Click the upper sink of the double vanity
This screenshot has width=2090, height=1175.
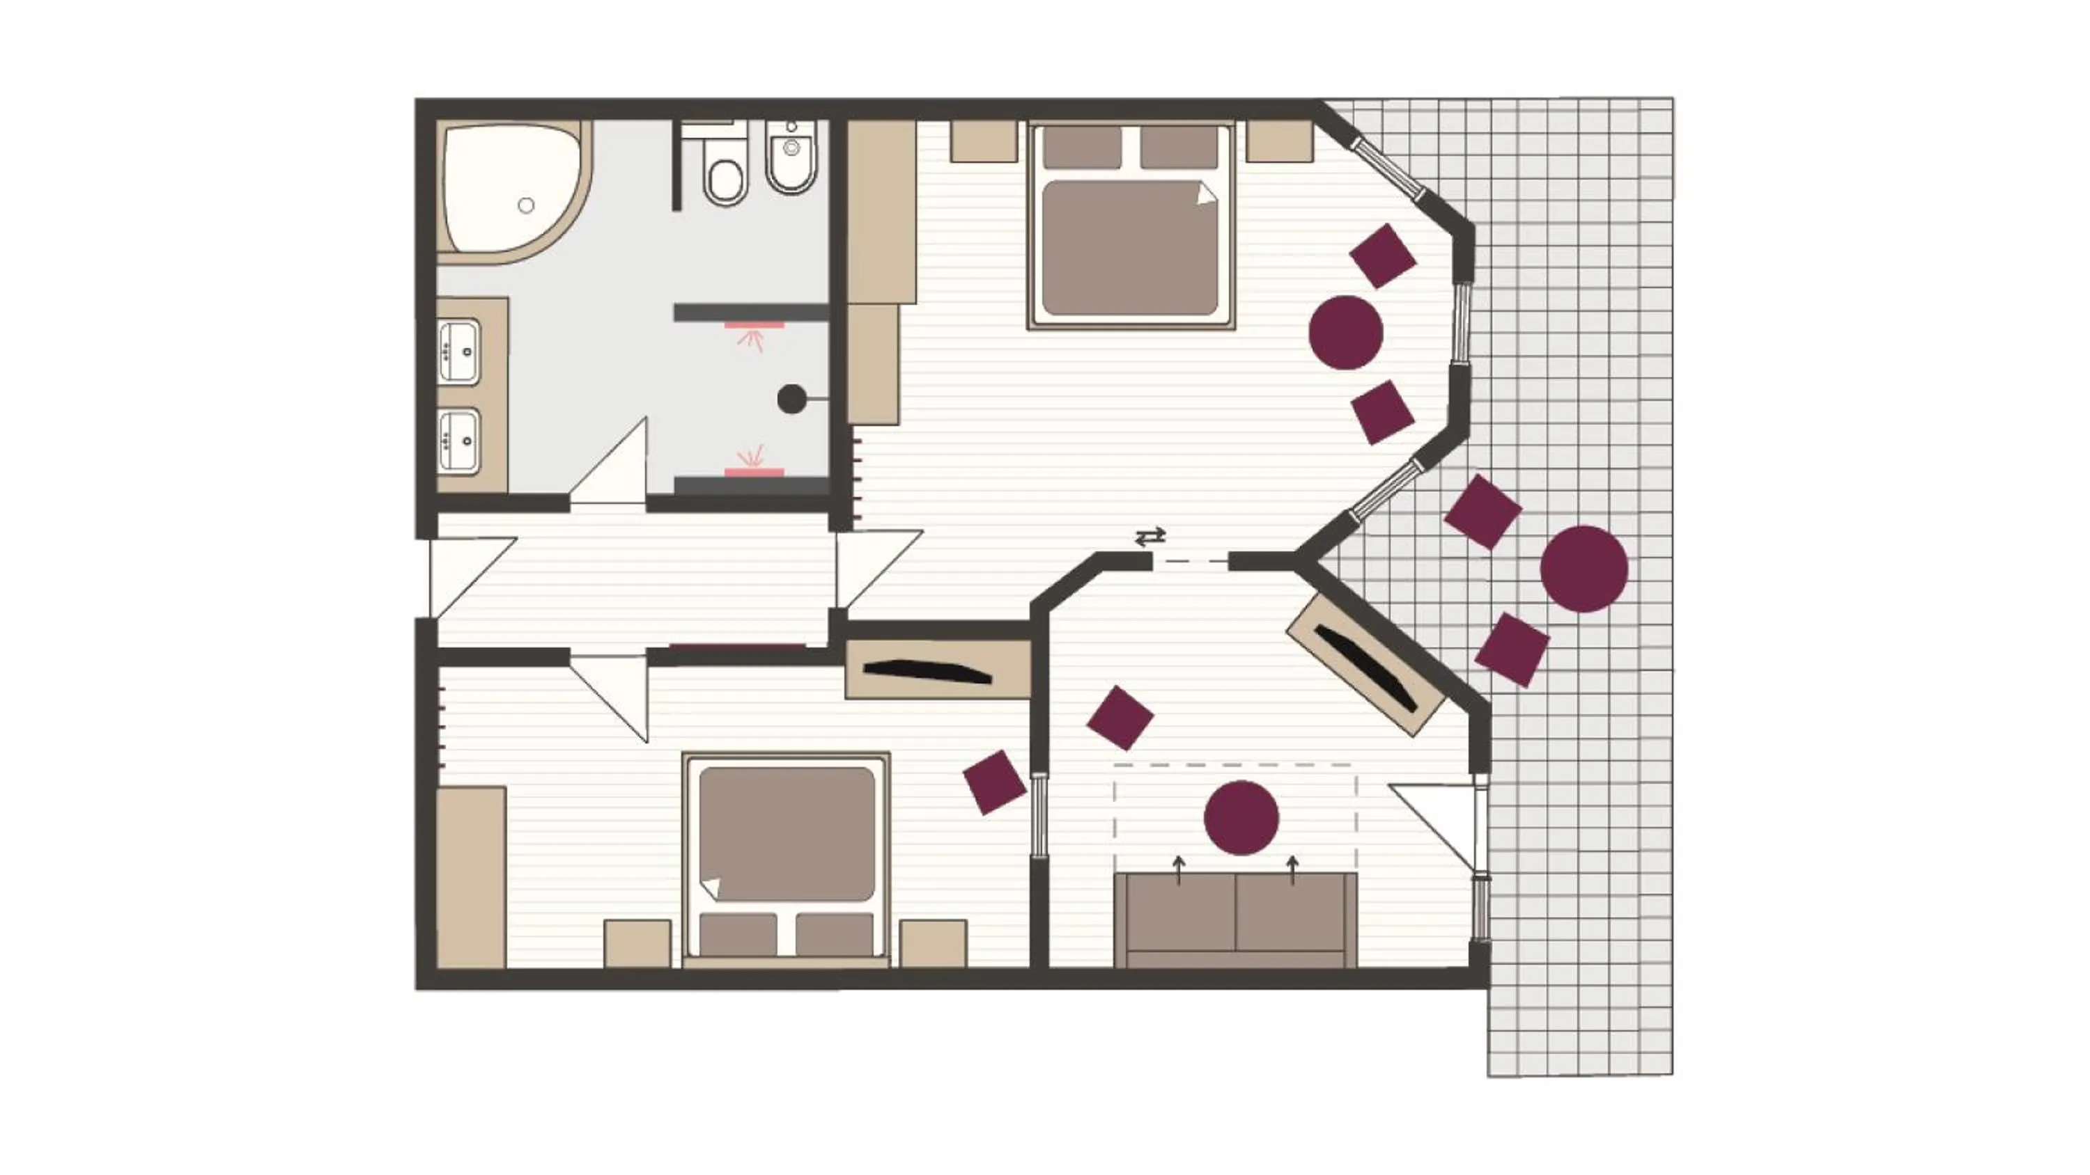(x=459, y=351)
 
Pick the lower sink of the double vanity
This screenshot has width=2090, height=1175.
(x=459, y=441)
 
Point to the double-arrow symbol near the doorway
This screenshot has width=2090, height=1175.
(x=1150, y=536)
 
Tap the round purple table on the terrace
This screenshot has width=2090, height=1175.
(x=1584, y=569)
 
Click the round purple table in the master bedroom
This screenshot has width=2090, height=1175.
(x=1346, y=333)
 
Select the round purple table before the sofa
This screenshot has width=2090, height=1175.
(x=1241, y=817)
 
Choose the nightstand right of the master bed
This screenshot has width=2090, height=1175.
(x=1280, y=141)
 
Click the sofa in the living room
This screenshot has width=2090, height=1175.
(x=1236, y=920)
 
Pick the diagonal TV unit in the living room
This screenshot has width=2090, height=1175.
(x=1365, y=665)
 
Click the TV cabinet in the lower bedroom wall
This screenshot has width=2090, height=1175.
(x=936, y=670)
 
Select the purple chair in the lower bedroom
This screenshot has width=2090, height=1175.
(x=994, y=782)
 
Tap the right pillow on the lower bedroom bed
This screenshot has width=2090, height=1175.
(x=834, y=934)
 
